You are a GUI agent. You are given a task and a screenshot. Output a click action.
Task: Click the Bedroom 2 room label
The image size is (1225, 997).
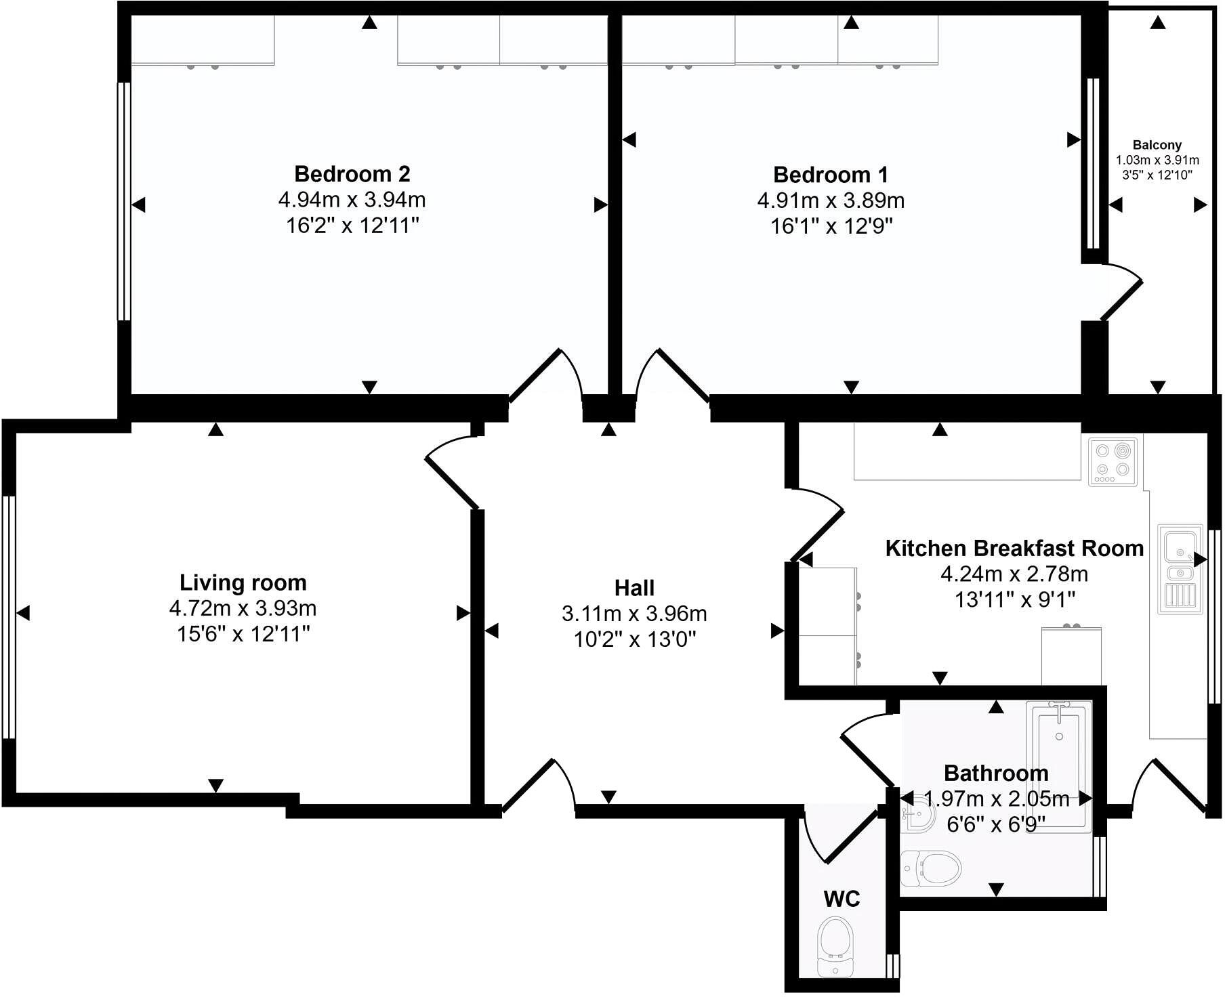point(352,174)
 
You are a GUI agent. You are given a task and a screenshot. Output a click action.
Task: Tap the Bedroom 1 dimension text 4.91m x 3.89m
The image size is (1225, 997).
point(831,200)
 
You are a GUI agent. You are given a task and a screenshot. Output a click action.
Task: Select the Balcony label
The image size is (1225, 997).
point(1157,145)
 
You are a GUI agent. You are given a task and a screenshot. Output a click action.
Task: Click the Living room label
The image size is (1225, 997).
point(243,582)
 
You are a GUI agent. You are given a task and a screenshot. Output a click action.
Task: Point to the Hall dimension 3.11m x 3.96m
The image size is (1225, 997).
point(634,614)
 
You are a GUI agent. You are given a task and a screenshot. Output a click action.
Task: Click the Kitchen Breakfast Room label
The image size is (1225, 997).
point(1014,548)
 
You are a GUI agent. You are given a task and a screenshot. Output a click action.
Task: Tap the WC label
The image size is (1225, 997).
point(842,899)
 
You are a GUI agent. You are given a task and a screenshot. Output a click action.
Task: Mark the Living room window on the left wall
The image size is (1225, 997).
point(9,616)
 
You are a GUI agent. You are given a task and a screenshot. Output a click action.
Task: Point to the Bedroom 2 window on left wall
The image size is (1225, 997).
point(123,201)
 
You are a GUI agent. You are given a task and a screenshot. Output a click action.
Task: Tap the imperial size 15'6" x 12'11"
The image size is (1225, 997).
point(243,634)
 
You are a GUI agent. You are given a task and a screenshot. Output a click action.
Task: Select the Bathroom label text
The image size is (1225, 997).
point(995,773)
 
